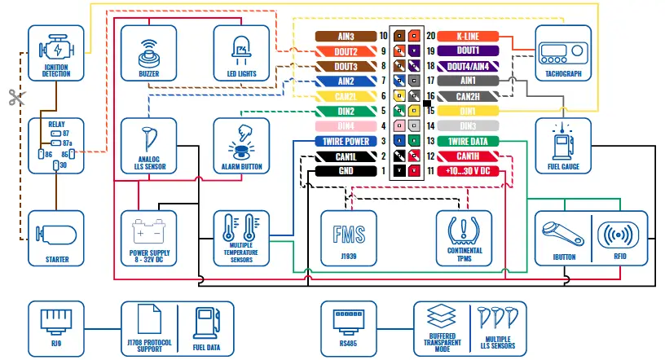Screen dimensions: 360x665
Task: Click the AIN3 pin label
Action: [346, 37]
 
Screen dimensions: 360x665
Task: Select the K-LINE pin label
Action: [468, 37]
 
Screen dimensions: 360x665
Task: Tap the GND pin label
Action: [346, 171]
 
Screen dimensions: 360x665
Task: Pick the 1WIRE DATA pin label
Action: [468, 141]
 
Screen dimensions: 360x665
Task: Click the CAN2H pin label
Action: [468, 96]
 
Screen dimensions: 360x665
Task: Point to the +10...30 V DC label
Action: [468, 171]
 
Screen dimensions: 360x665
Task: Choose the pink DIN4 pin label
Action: [346, 126]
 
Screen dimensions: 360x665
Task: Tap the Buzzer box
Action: [148, 53]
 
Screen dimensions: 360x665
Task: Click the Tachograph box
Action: [562, 53]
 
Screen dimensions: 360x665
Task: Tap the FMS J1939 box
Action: [349, 239]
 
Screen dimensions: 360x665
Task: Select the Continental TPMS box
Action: [465, 239]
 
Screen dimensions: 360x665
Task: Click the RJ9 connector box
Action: [56, 329]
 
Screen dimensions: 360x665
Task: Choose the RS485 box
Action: [349, 329]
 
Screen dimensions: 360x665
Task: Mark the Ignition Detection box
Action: [56, 53]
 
